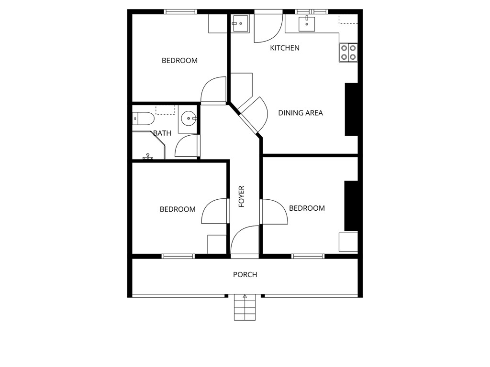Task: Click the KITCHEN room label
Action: [285, 48]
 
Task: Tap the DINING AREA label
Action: [301, 113]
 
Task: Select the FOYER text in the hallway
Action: [242, 196]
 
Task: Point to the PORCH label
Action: [245, 275]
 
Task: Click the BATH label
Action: [162, 133]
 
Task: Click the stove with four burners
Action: [348, 53]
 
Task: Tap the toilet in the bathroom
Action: [143, 119]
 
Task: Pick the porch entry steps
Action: [245, 307]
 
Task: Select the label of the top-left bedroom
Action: [180, 61]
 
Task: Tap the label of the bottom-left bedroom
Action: [178, 209]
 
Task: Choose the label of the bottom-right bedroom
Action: [307, 208]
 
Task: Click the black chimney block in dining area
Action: [351, 109]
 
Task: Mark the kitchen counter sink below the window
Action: [307, 24]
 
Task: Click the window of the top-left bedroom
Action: [180, 12]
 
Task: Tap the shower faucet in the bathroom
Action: [148, 156]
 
